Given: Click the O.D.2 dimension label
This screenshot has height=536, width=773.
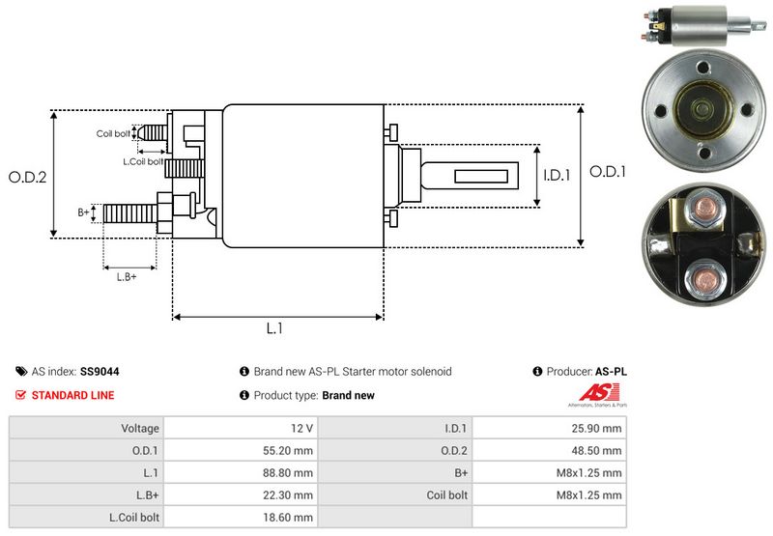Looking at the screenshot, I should coord(28,177).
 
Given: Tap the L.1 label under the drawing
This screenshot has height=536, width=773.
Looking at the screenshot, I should coord(274,328).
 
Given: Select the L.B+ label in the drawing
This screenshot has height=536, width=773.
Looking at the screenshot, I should coord(127,277).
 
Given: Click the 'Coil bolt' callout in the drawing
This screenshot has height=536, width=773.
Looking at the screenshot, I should coord(112,133).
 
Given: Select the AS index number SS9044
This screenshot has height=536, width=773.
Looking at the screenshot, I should coord(100,371).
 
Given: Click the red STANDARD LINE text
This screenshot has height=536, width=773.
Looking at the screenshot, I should coord(72,395).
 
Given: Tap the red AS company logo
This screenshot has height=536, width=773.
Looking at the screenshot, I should coord(591,393).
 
